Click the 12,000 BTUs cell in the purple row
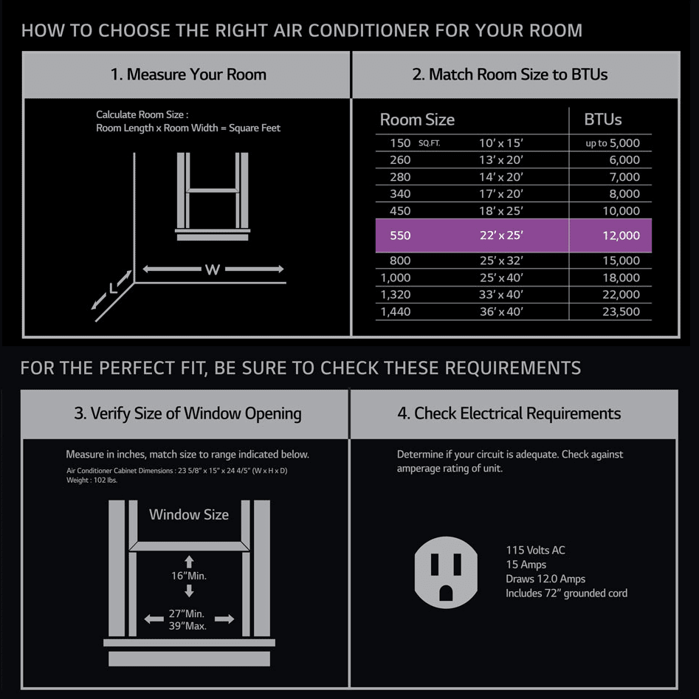(621, 235)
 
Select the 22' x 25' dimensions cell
(501, 235)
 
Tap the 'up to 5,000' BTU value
(613, 143)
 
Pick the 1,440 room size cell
(396, 311)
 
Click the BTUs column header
(603, 120)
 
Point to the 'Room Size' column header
(417, 120)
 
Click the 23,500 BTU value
(621, 311)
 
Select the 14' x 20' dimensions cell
(501, 177)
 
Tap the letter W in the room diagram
(213, 269)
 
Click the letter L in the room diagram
(113, 289)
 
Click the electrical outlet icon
(446, 572)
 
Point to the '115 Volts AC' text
(535, 550)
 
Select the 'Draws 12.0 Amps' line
(545, 579)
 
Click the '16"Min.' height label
(189, 576)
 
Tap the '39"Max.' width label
(187, 626)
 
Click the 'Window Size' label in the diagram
(189, 514)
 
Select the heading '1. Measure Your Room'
(188, 74)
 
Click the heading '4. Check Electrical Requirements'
(509, 413)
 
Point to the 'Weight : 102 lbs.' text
(92, 480)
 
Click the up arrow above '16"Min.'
(189, 561)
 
